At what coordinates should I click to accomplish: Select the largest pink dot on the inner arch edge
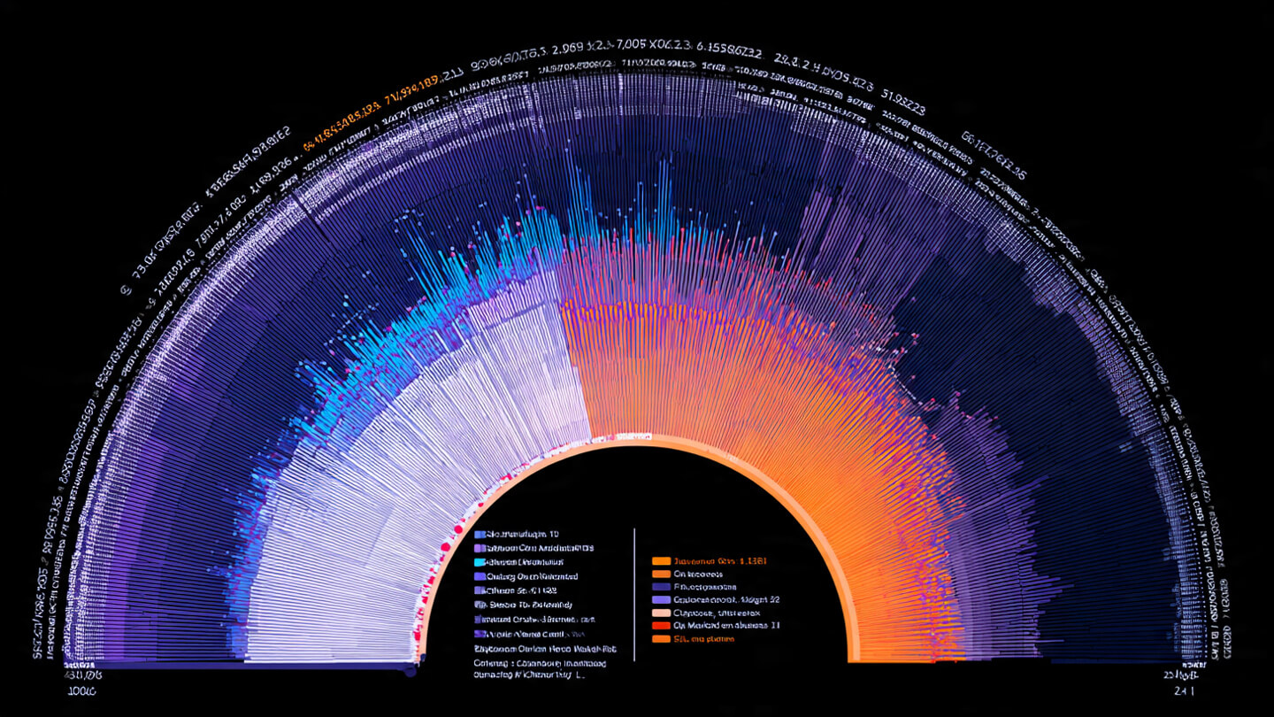pos(458,530)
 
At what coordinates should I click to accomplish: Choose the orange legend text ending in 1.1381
pos(719,561)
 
